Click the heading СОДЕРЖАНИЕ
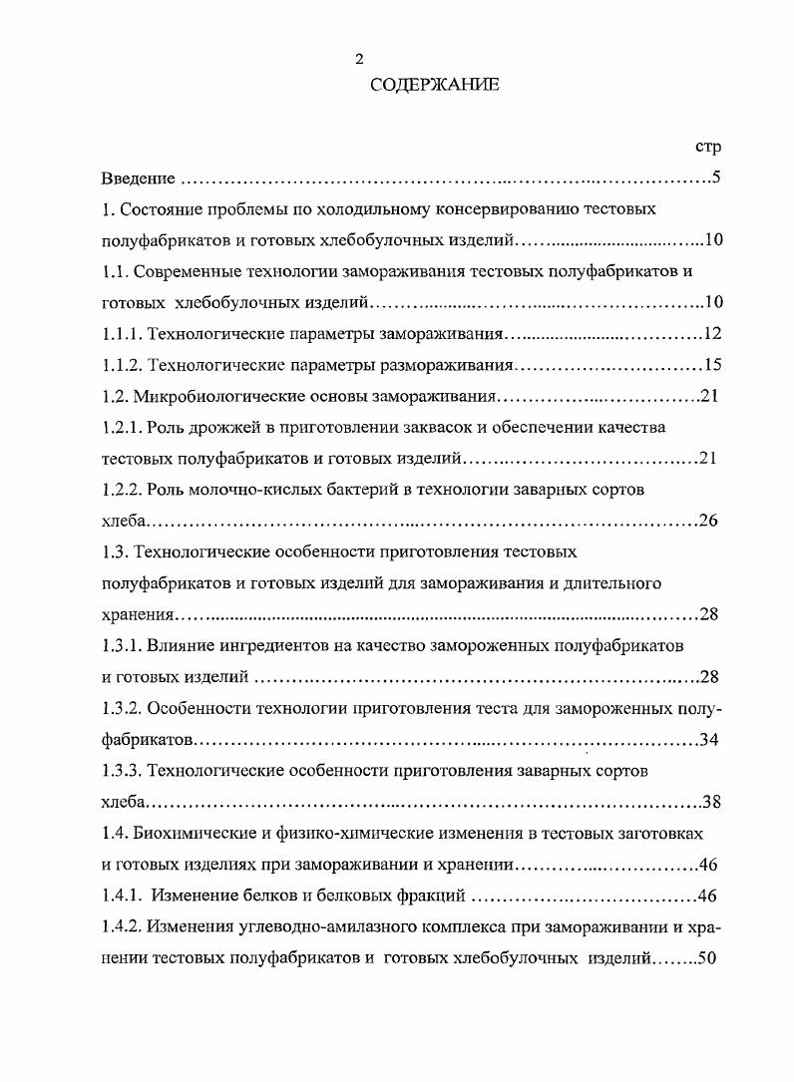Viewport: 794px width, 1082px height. click(434, 86)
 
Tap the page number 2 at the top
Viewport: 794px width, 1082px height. click(359, 58)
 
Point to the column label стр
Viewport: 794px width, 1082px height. click(707, 147)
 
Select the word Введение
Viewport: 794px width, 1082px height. click(139, 180)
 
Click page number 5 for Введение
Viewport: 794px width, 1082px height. click(715, 180)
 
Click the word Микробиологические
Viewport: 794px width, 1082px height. click(224, 397)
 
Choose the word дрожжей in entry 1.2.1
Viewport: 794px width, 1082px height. click(216, 428)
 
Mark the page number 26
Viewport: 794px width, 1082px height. click(709, 521)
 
